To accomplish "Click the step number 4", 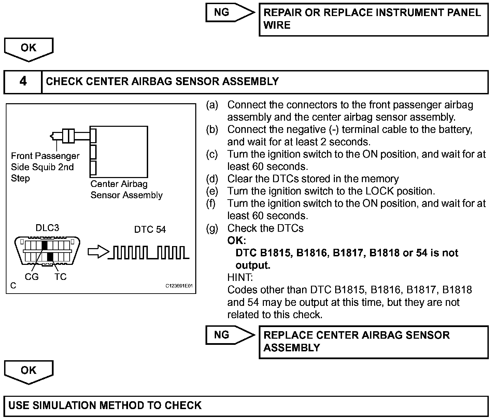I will click(23, 82).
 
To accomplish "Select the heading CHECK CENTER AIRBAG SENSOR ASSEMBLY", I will click(162, 82).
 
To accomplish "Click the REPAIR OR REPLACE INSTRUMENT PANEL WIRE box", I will click(373, 19).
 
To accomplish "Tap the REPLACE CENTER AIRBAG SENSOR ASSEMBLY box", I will click(373, 341).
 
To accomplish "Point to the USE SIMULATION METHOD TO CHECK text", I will click(105, 406).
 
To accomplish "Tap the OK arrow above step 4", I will click(29, 48).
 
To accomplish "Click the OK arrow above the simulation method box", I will click(29, 371).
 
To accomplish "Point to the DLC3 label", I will click(47, 228).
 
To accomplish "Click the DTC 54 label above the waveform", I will click(150, 229).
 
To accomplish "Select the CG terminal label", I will click(32, 277).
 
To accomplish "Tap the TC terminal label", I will click(60, 277).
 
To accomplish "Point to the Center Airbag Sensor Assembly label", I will click(126, 190).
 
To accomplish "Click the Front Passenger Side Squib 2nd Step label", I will click(44, 167).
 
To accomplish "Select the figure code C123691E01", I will click(179, 286).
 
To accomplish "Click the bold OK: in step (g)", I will click(237, 241).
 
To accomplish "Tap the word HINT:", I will click(240, 277).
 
